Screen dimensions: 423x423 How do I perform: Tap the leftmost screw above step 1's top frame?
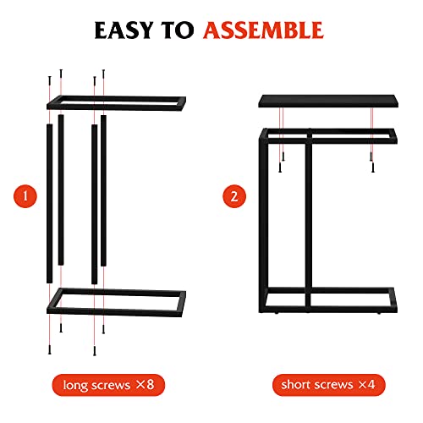pos(48,83)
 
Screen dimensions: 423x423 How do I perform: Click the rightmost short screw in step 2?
pos(370,162)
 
